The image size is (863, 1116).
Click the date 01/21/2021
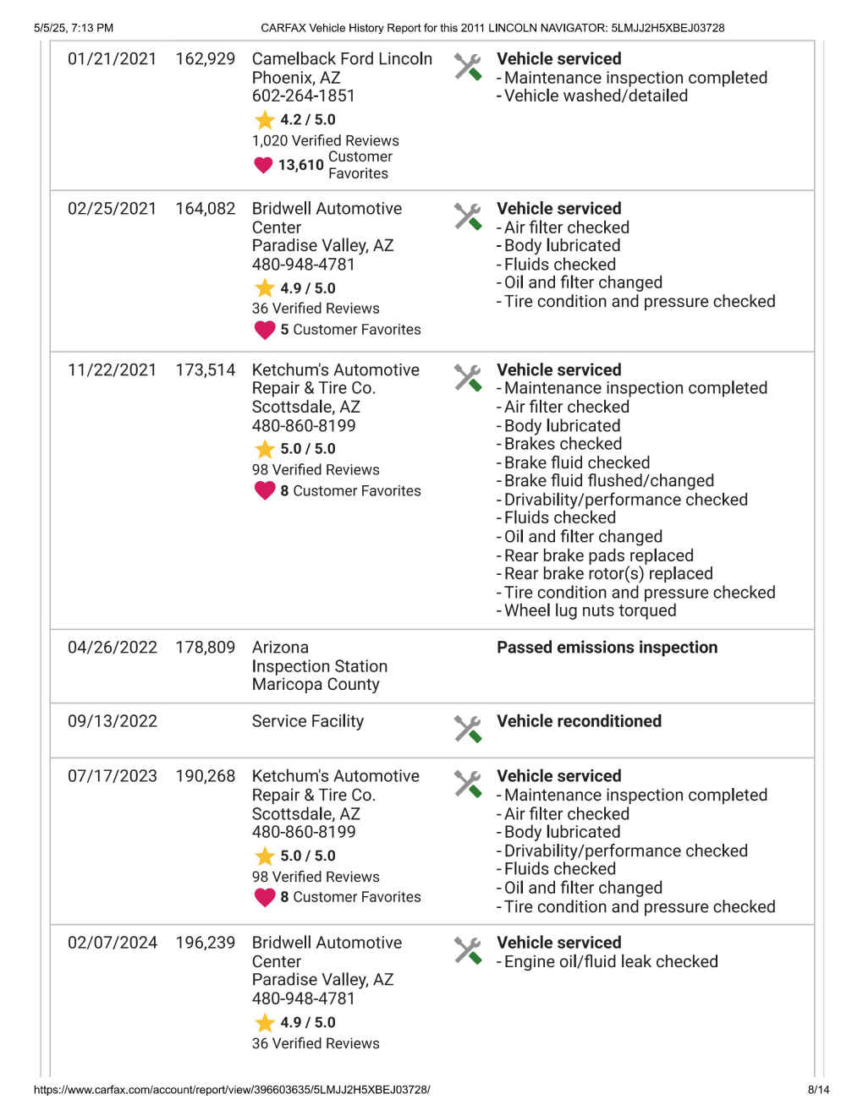point(112,59)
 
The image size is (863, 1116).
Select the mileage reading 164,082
point(206,209)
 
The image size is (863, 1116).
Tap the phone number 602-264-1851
point(303,96)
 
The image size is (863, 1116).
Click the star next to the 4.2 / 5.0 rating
point(265,120)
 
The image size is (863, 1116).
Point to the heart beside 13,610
point(263,165)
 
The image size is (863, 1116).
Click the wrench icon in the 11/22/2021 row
point(467,377)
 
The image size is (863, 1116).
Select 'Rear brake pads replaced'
point(598,555)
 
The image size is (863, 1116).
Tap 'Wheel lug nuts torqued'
point(590,610)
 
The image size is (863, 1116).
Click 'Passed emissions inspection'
point(607,648)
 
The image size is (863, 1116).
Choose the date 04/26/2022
point(112,648)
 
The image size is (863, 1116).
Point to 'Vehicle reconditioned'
point(579,721)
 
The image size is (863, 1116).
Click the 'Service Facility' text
point(307,721)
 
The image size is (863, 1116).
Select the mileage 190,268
point(206,776)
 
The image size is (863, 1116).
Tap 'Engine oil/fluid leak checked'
point(610,962)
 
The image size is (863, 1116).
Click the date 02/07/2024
point(112,943)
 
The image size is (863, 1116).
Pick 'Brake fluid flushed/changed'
point(608,481)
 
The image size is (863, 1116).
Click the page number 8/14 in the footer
point(818,1090)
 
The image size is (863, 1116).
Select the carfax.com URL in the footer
point(232,1090)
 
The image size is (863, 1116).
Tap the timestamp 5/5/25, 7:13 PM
point(74,28)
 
